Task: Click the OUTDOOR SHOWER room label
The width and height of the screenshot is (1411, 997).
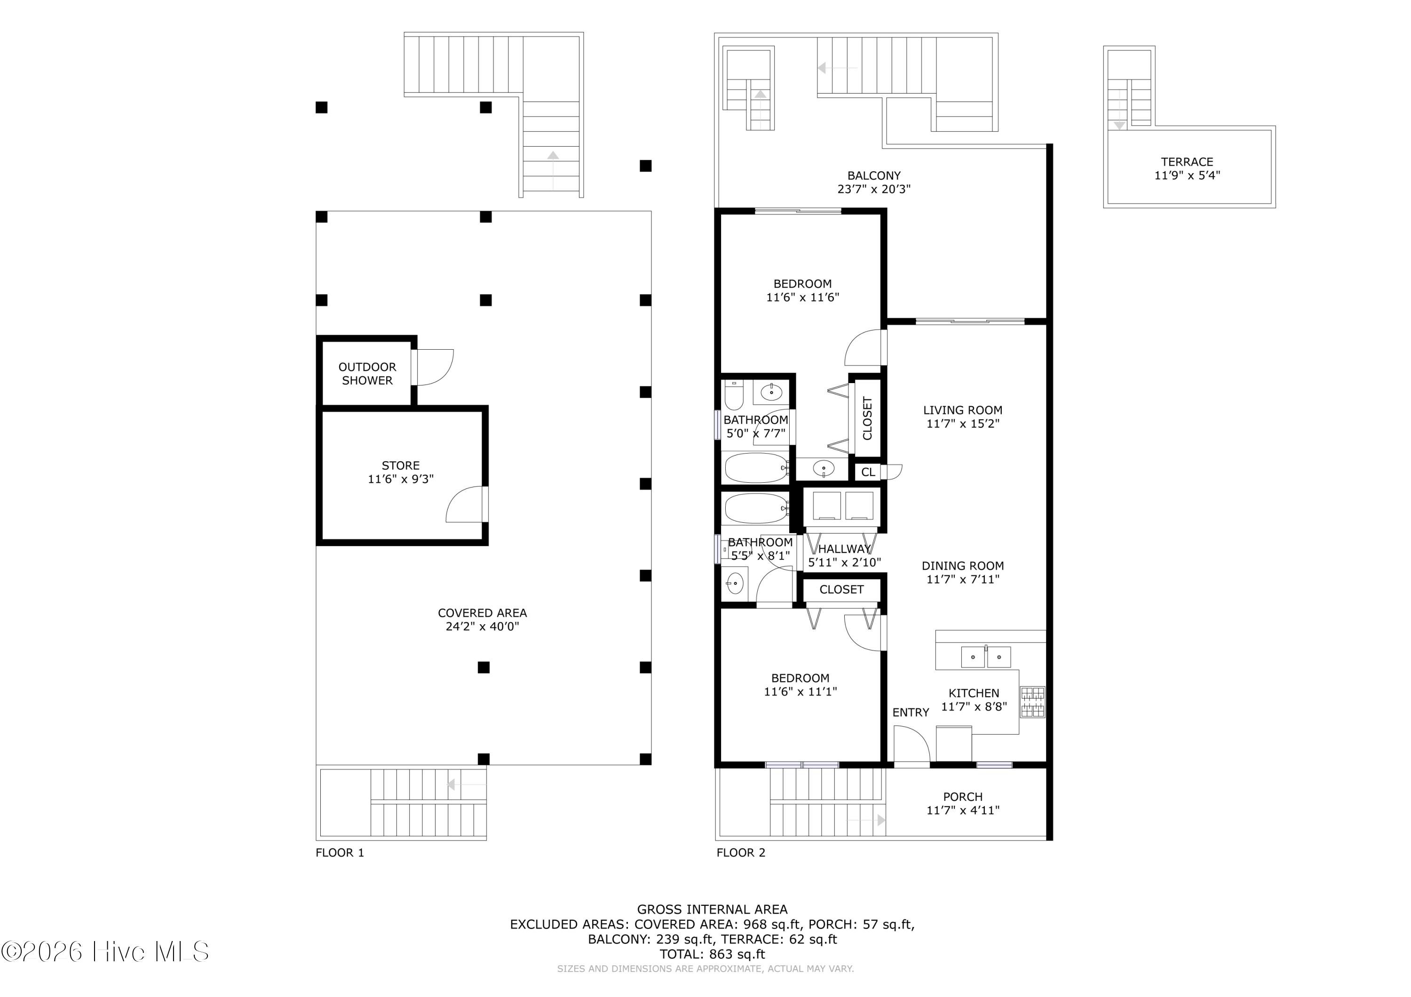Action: [x=367, y=374]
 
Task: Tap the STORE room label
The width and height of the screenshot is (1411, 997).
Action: [x=401, y=466]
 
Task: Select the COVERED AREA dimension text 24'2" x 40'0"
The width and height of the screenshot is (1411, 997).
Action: [x=483, y=627]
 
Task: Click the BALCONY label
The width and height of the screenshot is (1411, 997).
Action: [x=874, y=176]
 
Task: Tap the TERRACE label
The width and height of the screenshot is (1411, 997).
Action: [x=1187, y=162]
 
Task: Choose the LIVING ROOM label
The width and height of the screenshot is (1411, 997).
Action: [x=962, y=410]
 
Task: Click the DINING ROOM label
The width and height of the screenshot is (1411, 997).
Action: [x=962, y=566]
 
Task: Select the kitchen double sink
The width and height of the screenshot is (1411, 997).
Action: [x=986, y=657]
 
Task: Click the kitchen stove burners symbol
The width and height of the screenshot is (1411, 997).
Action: [x=1032, y=702]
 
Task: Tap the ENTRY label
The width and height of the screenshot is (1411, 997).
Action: [x=911, y=713]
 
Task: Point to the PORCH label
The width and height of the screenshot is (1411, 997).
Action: [x=963, y=797]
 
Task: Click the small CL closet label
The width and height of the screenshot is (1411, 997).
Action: [x=868, y=472]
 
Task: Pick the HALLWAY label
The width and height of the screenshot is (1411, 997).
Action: [x=844, y=549]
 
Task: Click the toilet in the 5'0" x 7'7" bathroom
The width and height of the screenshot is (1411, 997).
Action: [x=734, y=395]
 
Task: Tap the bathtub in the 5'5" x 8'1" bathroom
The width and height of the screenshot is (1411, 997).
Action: [x=756, y=508]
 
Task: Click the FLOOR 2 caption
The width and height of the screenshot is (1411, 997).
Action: [x=741, y=853]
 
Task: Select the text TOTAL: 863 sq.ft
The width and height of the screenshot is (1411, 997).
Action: [x=712, y=954]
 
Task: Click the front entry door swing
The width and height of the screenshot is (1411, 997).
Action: [x=912, y=745]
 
